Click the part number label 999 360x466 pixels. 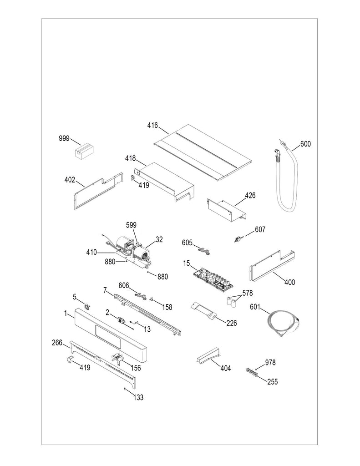click(64, 138)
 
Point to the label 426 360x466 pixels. click(250, 195)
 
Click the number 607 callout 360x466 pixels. click(260, 229)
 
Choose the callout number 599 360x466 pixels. click(131, 224)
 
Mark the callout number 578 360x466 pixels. click(247, 293)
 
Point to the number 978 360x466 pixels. click(270, 362)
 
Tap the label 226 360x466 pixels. click(231, 324)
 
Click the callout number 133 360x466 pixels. click(138, 397)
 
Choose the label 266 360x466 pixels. click(56, 343)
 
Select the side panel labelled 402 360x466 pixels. click(96, 191)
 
